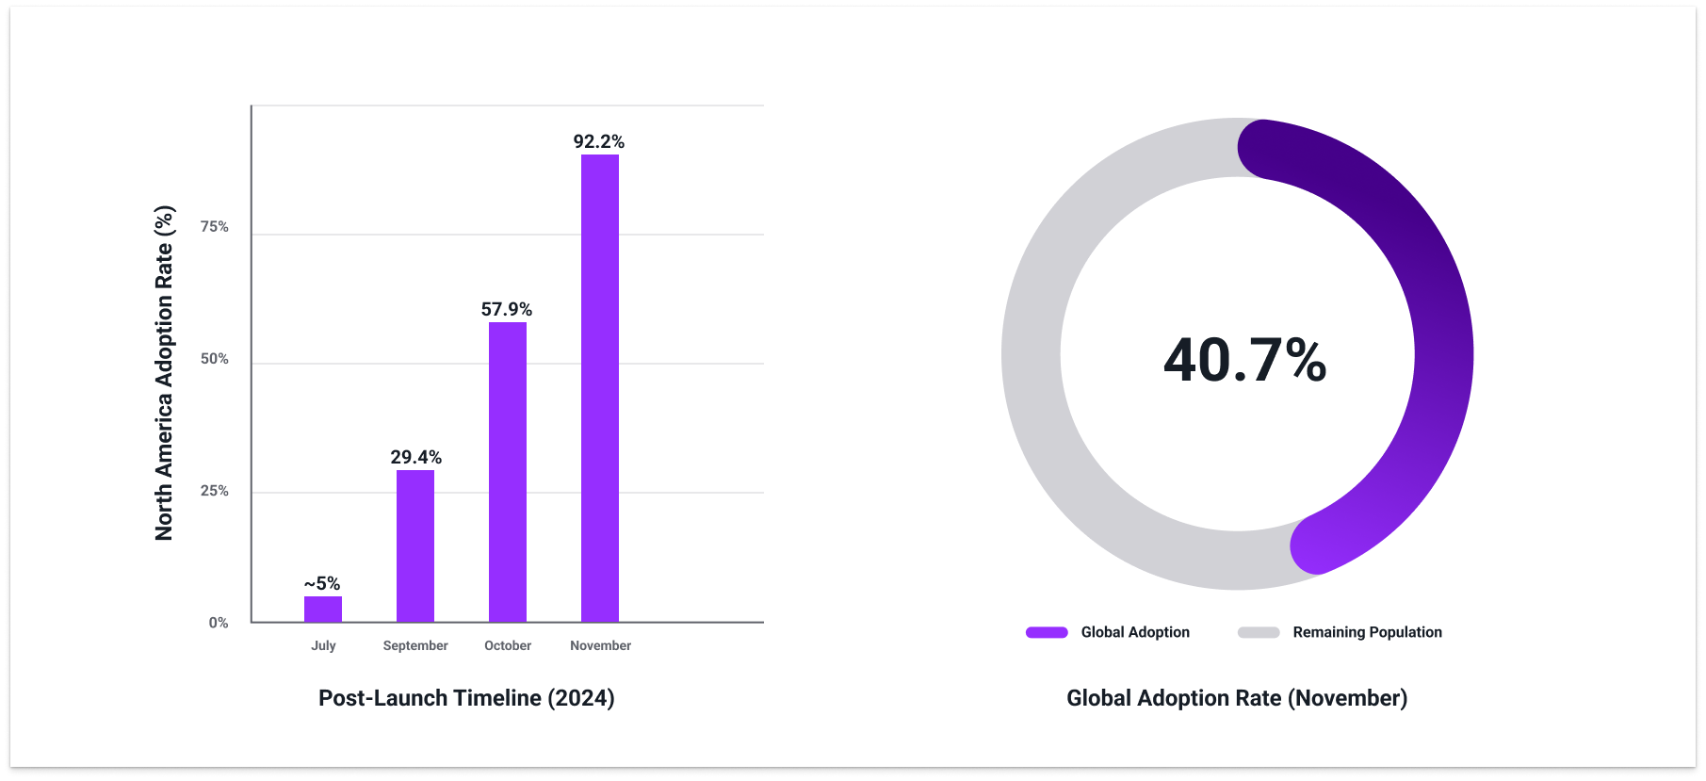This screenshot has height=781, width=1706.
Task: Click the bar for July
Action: (x=323, y=610)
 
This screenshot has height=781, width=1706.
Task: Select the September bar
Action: (x=415, y=546)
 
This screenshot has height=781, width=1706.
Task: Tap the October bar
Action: (x=508, y=472)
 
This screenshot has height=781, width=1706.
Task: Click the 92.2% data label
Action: (x=599, y=141)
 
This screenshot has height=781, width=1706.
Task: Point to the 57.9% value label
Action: (x=507, y=309)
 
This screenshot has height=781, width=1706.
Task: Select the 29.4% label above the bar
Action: (x=415, y=457)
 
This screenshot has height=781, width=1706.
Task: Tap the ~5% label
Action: (x=322, y=583)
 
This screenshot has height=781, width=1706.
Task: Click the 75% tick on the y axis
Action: (x=215, y=226)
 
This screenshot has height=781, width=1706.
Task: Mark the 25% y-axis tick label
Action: (x=215, y=491)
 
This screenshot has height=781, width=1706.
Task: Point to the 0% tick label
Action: (x=219, y=623)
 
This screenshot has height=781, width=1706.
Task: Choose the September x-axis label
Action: (x=415, y=645)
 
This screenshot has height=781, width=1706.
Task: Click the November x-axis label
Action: (x=600, y=645)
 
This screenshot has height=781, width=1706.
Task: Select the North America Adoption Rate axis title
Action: (x=164, y=373)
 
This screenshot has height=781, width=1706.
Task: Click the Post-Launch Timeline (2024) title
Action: (x=466, y=698)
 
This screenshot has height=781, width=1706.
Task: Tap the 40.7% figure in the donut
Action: (x=1244, y=360)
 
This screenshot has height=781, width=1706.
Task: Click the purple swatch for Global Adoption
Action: (x=1047, y=632)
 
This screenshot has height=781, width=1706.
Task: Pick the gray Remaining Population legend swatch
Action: (x=1259, y=632)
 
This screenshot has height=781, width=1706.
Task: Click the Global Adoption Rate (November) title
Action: (x=1237, y=698)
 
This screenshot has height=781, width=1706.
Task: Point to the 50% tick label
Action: (x=215, y=359)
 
